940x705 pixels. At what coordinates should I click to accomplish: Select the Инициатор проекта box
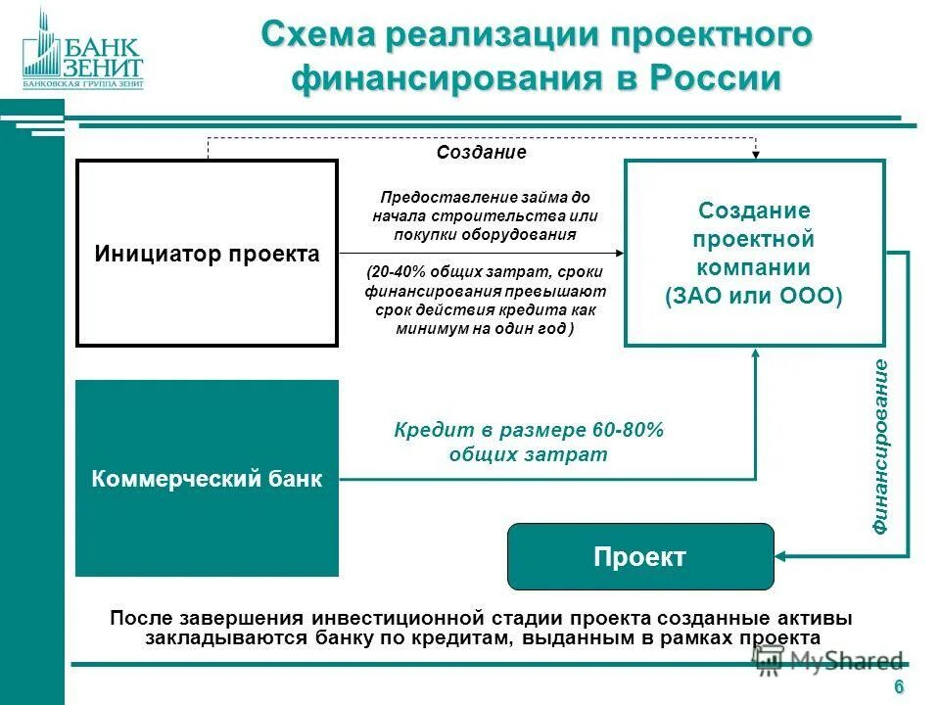pos(207,254)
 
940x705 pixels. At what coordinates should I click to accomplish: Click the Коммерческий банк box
pos(207,479)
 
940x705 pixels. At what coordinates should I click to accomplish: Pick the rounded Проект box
pos(639,557)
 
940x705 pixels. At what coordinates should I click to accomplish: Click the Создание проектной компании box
pos(754,253)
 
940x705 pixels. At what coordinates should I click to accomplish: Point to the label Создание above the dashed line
pos(481,152)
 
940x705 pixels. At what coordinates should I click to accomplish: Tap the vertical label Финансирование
pos(881,446)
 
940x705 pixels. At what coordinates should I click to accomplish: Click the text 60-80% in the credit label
pos(628,431)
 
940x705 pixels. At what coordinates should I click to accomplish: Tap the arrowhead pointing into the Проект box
pos(782,557)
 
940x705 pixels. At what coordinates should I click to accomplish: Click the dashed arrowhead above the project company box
pos(756,154)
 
